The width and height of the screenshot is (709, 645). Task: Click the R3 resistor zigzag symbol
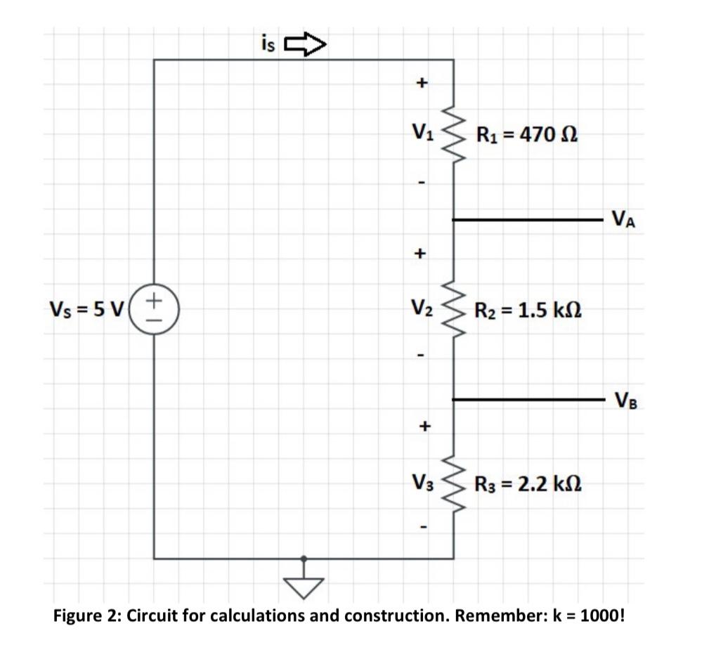[x=453, y=483]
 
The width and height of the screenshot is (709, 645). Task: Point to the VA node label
[x=623, y=220]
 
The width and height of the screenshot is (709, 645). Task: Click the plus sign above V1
[x=421, y=83]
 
